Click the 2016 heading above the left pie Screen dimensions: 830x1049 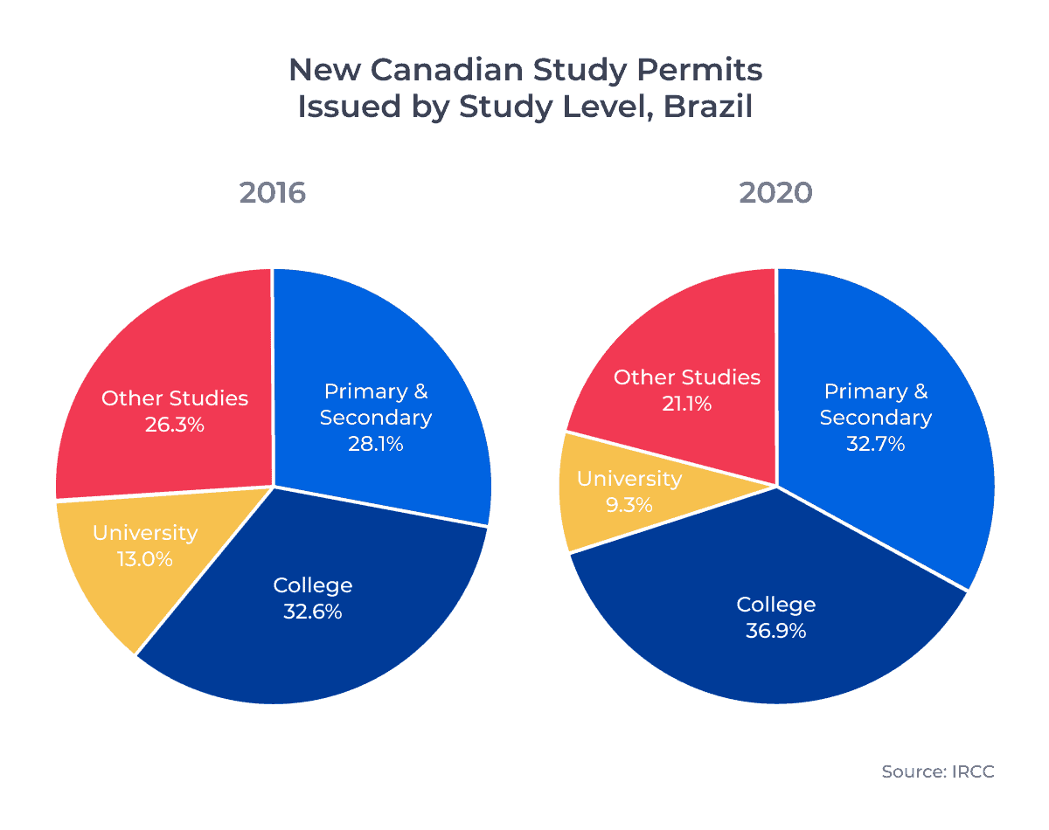(x=273, y=192)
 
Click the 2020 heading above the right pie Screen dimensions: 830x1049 (x=775, y=192)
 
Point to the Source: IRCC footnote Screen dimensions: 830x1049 (x=937, y=771)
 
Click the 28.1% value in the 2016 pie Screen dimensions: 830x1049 (x=375, y=444)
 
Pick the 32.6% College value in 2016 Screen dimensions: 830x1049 (x=312, y=612)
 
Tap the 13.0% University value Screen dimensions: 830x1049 (x=144, y=559)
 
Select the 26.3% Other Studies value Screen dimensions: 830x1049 (x=175, y=425)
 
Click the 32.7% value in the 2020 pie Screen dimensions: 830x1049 (x=875, y=444)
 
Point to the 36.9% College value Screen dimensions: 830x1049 (x=775, y=631)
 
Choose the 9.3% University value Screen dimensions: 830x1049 (x=629, y=505)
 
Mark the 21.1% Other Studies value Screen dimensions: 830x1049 (x=686, y=405)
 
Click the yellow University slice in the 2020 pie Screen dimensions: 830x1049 (x=603, y=524)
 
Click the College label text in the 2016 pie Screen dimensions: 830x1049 (x=312, y=585)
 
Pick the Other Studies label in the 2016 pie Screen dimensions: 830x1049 (x=175, y=398)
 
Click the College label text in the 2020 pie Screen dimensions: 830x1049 (x=775, y=605)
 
